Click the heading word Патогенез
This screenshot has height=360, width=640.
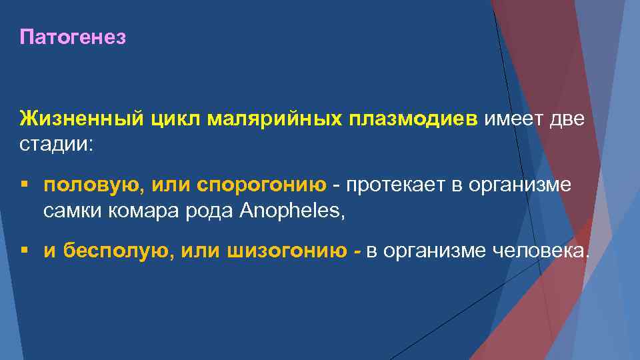point(73,38)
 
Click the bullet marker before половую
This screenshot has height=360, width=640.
point(24,185)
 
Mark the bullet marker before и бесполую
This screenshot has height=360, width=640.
point(24,250)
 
